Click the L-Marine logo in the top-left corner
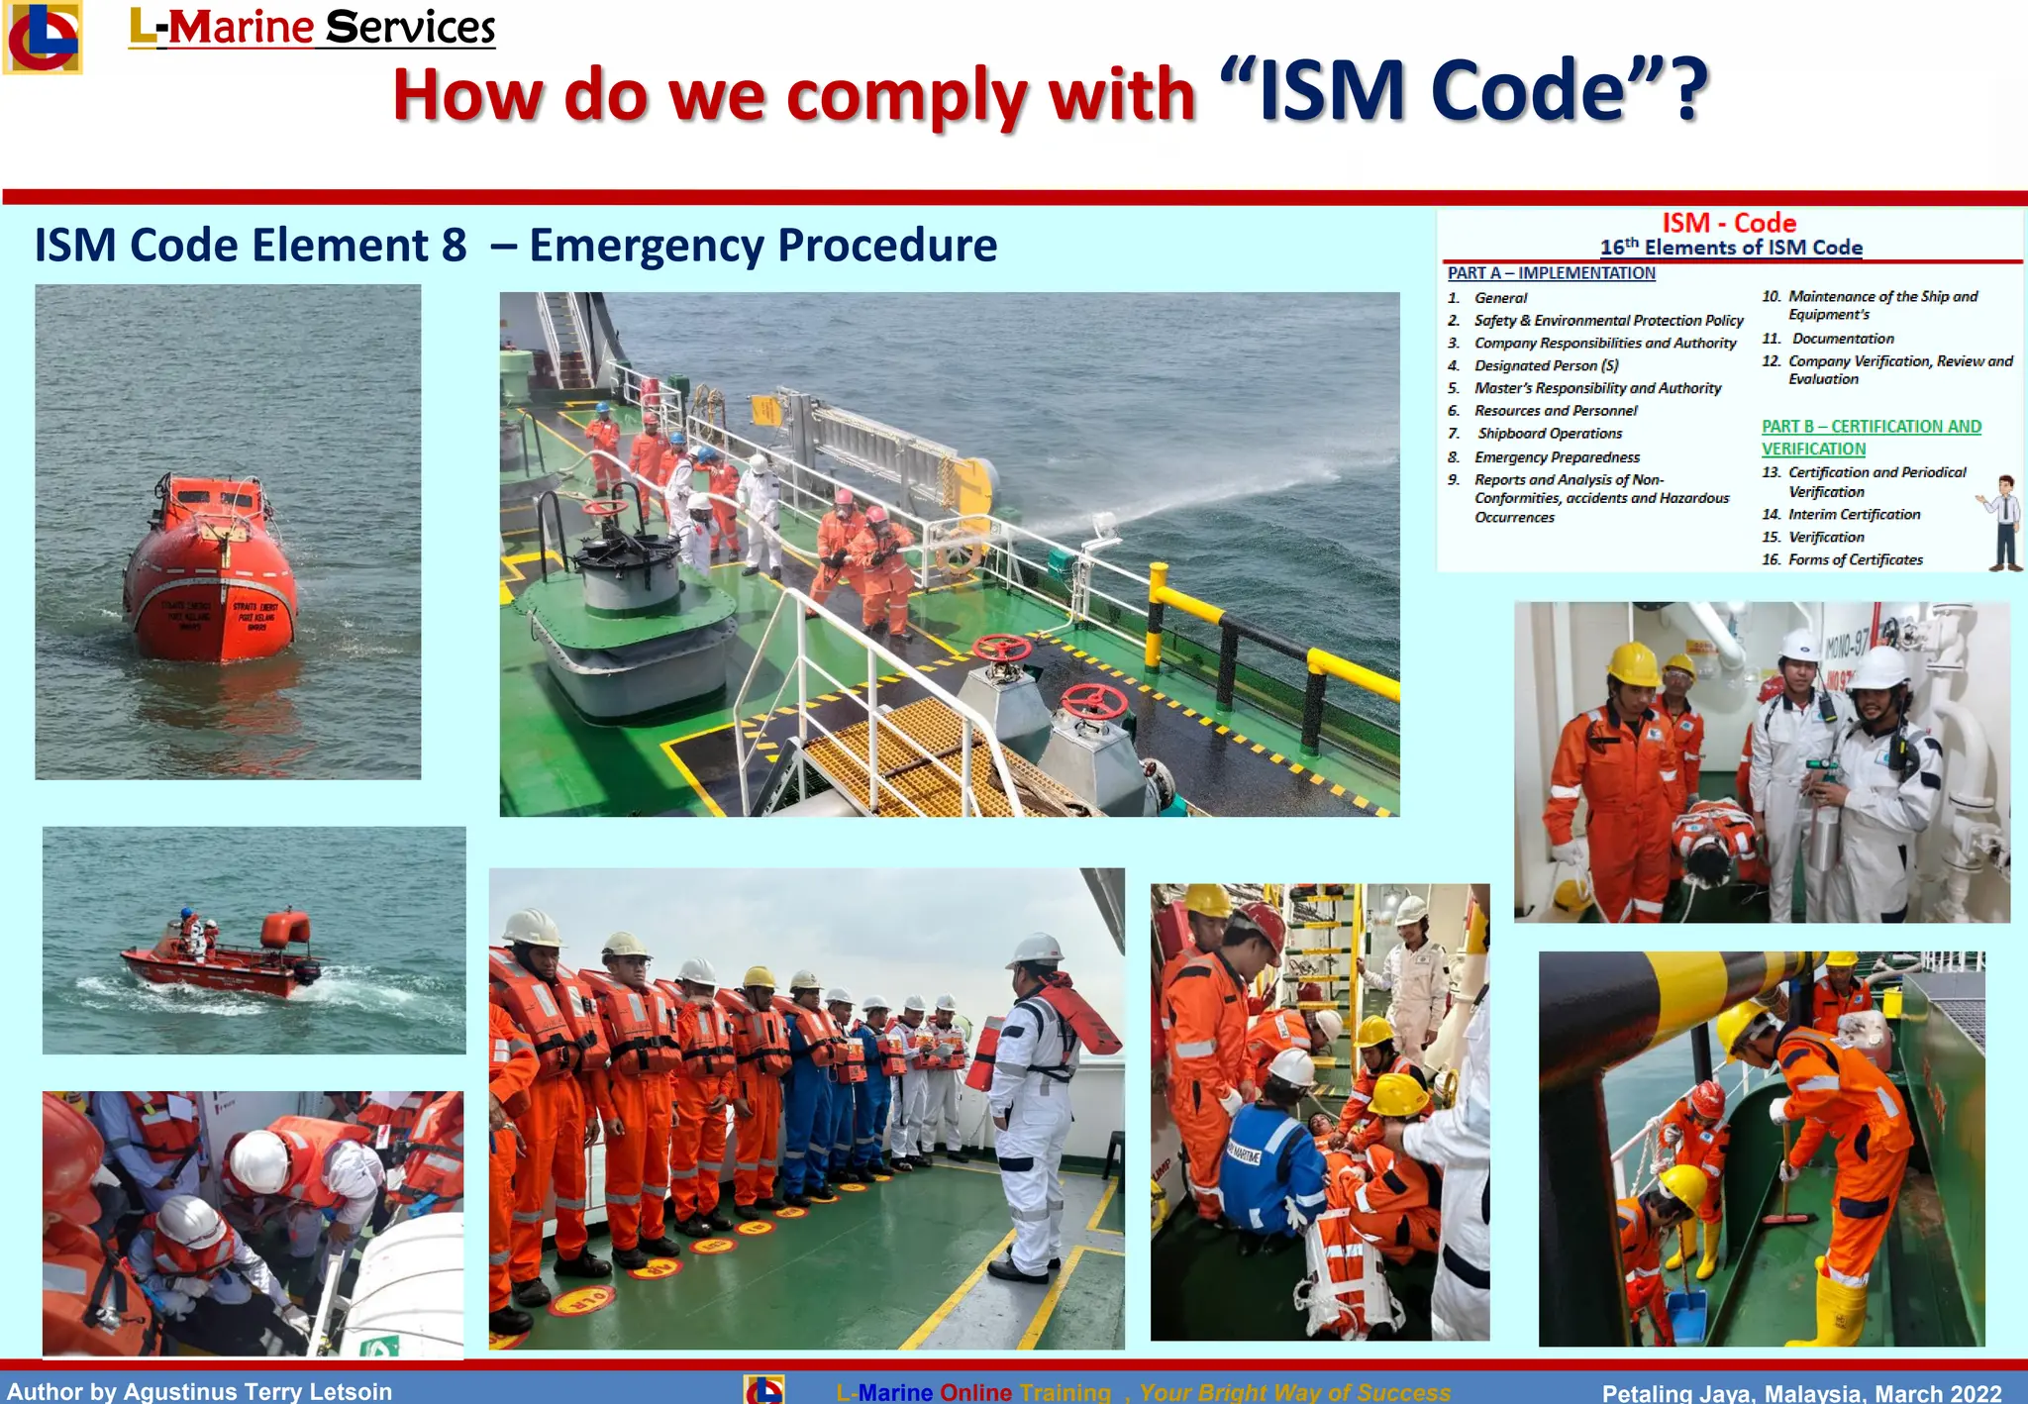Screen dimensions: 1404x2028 42,38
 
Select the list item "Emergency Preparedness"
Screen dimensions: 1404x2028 1557,457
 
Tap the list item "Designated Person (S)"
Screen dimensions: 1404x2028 1546,365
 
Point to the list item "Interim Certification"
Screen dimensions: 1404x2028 1854,515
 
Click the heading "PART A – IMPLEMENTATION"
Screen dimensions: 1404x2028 1551,273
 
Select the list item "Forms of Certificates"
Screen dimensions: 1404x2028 1855,560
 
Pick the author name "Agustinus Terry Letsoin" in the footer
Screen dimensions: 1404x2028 257,1391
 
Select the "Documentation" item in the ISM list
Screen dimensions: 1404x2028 1843,339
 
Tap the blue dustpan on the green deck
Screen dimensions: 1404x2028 1688,1312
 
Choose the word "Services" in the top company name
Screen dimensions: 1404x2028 410,28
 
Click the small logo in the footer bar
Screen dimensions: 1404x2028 763,1389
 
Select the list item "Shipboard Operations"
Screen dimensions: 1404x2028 1550,434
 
